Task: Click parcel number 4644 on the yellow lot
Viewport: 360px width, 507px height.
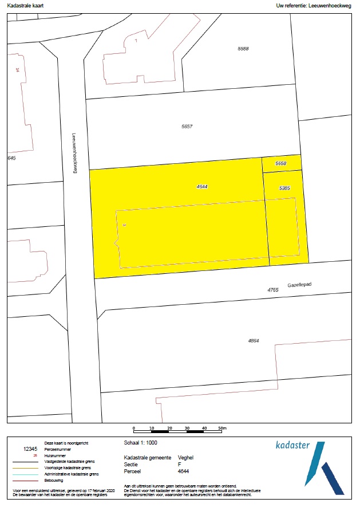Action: (201, 187)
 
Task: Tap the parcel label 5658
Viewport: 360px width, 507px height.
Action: (280, 164)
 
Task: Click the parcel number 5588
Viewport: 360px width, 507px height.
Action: (243, 49)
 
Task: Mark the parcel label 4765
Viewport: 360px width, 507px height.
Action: (273, 290)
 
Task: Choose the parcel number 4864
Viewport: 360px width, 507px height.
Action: (254, 341)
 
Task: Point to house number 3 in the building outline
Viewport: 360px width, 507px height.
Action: (124, 225)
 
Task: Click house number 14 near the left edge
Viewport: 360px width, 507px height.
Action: (18, 69)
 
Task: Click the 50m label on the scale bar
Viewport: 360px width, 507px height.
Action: (223, 428)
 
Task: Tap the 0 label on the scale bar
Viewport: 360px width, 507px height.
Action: (133, 428)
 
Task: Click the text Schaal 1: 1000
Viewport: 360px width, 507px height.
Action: (140, 443)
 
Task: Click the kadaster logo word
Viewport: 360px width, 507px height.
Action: (292, 445)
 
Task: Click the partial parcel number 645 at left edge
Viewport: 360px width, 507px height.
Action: (11, 158)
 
